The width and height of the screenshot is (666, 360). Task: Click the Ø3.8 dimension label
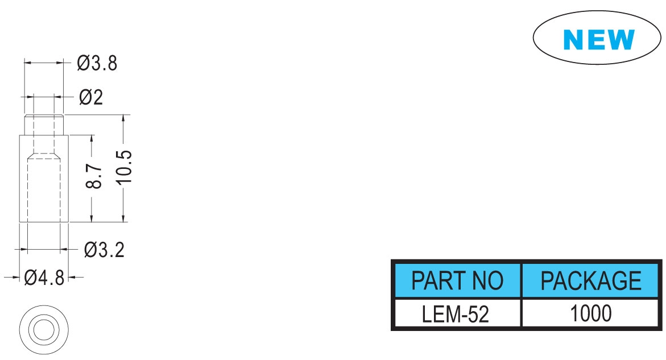tap(97, 63)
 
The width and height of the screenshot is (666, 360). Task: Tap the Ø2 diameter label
tap(91, 97)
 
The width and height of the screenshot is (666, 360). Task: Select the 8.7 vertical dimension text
tap(94, 177)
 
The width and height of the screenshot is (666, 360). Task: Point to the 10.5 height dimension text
tap(124, 167)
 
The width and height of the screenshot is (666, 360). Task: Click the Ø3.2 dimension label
tap(104, 250)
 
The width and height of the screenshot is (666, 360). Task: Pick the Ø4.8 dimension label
tap(44, 278)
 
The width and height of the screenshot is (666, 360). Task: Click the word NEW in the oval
tap(599, 39)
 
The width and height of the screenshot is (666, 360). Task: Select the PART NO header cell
tap(457, 280)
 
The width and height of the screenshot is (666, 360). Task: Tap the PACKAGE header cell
tap(590, 280)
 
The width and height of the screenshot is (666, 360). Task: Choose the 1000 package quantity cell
tap(590, 314)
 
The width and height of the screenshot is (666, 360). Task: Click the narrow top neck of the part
tap(44, 125)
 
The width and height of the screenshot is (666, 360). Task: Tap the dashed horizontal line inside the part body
tap(44, 153)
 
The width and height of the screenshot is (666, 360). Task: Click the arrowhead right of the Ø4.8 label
tap(73, 278)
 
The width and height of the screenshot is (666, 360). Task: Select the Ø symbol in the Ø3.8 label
tap(83, 63)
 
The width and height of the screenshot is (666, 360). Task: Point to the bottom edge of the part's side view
tap(44, 222)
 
